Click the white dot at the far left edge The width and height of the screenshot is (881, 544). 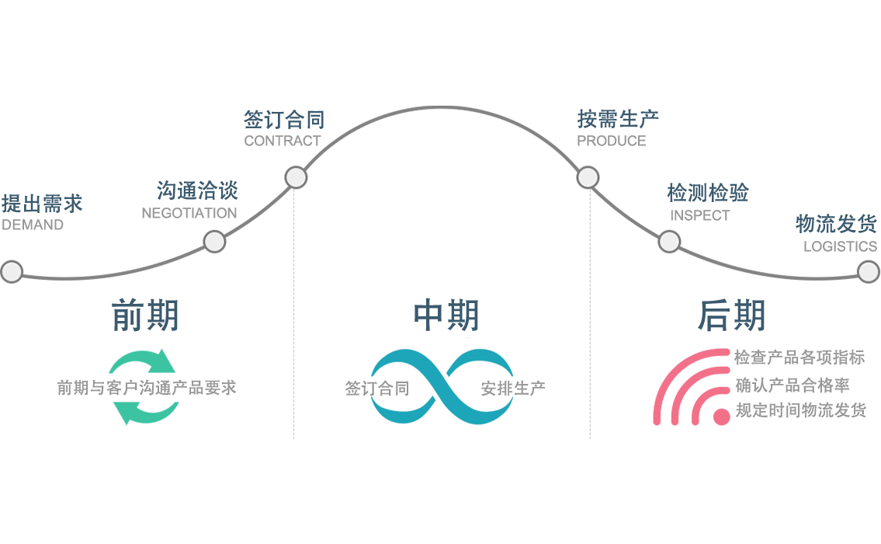(12, 271)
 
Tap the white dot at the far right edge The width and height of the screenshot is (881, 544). (869, 271)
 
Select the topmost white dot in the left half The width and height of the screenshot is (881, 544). (296, 177)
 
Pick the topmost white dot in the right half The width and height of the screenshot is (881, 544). (588, 177)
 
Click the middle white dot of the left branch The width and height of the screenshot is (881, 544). (214, 242)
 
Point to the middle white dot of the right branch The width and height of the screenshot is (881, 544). (669, 242)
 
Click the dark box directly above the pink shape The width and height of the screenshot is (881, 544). (736, 315)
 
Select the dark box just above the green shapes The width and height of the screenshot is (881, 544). (145, 315)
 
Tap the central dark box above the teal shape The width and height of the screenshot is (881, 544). (451, 309)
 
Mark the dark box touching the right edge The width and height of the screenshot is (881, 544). (834, 225)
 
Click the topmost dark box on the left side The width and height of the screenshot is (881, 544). (280, 119)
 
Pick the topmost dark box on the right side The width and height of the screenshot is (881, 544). (619, 119)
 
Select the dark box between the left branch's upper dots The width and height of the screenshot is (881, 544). (189, 187)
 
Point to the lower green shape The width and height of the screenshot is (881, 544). (141, 420)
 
